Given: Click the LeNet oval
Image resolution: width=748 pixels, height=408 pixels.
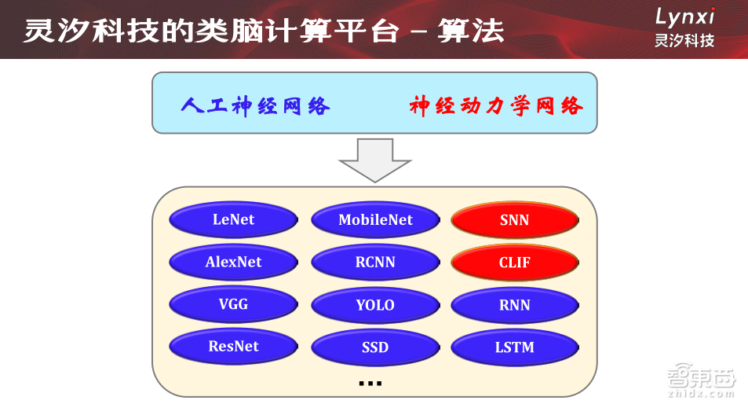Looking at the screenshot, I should point(233,220).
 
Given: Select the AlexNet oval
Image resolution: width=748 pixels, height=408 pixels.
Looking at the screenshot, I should point(233,263).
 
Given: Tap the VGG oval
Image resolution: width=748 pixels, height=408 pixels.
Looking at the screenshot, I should point(233,304).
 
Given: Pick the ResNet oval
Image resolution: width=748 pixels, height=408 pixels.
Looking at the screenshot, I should point(233,347).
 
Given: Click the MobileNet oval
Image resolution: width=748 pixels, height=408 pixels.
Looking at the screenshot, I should point(375,220).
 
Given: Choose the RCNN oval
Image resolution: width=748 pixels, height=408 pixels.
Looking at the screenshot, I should point(375,263).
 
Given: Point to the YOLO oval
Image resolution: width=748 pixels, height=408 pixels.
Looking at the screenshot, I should point(375,305).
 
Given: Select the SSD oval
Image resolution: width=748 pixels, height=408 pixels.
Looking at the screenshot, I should point(375,347).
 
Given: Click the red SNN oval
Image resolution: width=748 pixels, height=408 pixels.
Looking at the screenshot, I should point(514,220).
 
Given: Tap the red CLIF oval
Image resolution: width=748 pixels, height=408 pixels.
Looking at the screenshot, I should point(514,263).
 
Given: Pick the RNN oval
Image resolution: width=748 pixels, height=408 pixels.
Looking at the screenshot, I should point(514,305).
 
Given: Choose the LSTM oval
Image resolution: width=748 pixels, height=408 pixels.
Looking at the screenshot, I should point(514,347).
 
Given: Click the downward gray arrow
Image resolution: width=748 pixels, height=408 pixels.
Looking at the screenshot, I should point(374,160).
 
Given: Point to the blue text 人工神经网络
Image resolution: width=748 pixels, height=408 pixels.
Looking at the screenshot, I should point(255,106).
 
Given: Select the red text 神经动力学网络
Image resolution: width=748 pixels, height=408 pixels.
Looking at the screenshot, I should point(496,106).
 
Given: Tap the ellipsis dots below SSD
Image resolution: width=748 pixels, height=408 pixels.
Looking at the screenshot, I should point(370,384).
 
